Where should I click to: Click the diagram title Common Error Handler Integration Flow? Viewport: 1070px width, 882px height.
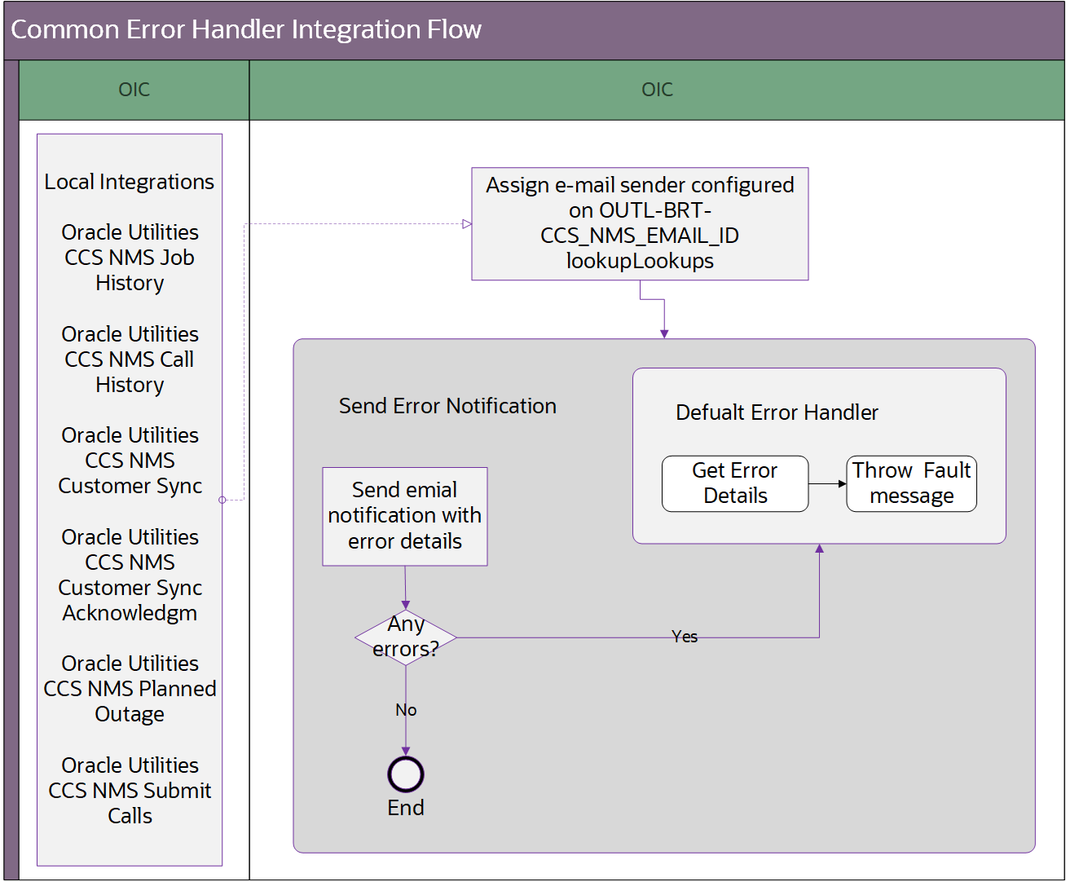tap(246, 30)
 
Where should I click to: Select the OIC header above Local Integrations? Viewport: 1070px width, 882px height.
tap(134, 90)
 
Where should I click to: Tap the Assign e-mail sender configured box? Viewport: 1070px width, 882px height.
tap(640, 223)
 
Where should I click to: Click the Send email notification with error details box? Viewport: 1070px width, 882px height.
tap(405, 516)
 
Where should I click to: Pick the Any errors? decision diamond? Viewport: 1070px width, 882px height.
tap(406, 637)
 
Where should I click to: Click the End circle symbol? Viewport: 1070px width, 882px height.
tap(406, 774)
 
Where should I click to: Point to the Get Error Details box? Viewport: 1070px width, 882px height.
tap(735, 483)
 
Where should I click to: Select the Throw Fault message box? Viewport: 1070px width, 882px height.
tap(911, 483)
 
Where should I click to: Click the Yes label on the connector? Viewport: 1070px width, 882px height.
tap(685, 637)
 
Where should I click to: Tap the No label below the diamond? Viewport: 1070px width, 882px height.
tap(406, 710)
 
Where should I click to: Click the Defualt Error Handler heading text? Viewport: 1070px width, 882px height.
tap(777, 412)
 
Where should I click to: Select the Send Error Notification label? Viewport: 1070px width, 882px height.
tap(447, 406)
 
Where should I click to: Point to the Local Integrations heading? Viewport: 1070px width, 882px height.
tap(130, 182)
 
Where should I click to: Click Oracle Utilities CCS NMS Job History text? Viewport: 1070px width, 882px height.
tap(130, 258)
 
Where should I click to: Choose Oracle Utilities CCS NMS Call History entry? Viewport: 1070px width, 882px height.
tap(130, 359)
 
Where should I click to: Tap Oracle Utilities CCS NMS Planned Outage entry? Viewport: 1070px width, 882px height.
tap(130, 689)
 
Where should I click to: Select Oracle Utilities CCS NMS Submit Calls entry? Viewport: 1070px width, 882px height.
tap(130, 791)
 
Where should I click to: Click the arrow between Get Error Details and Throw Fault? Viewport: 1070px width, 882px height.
tap(828, 483)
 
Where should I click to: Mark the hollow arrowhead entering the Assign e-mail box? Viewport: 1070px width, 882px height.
tap(467, 224)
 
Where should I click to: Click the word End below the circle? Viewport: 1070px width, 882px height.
tap(406, 808)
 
